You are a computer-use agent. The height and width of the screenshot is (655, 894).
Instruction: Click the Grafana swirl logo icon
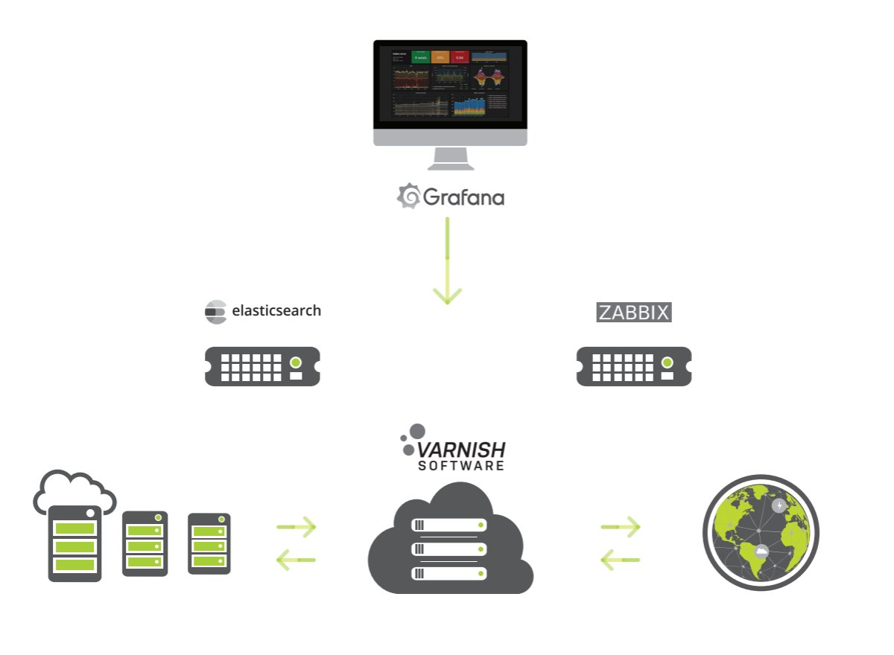point(408,196)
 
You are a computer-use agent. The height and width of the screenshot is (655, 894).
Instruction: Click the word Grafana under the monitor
point(463,197)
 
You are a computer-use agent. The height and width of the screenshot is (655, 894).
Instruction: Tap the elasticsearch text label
point(276,310)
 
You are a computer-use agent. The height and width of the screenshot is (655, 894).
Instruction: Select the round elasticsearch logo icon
point(215,312)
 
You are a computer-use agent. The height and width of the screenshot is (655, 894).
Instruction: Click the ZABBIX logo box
point(634,313)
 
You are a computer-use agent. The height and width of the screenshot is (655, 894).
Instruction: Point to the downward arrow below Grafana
point(447,261)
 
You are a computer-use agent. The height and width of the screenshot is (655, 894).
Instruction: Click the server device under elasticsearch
point(262,366)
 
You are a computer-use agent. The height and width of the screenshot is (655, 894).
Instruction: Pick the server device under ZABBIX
point(634,366)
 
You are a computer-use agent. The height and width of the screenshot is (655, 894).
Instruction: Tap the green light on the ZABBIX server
point(668,362)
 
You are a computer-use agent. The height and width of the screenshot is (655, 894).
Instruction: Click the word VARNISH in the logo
point(461,450)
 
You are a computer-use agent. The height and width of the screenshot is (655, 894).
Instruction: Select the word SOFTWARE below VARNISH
point(461,466)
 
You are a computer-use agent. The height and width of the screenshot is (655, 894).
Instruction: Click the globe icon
point(761,533)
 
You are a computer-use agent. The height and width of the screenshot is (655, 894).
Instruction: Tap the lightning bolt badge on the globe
point(779,506)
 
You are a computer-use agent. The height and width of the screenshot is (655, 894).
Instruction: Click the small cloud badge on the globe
point(761,552)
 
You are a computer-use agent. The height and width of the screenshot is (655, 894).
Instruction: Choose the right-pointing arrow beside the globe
point(621,527)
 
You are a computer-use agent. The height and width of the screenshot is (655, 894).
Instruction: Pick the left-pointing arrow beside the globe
point(621,559)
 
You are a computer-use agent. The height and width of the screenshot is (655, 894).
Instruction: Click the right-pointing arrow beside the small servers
point(297,527)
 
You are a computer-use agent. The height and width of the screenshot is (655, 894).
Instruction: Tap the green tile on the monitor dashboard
point(420,57)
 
